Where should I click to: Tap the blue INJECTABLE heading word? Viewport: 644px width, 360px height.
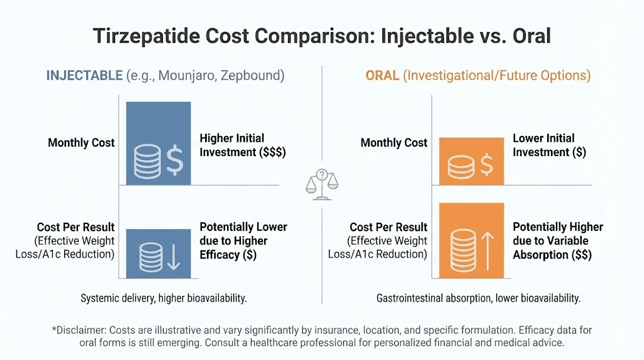(84, 76)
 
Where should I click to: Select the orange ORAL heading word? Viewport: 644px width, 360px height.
(382, 76)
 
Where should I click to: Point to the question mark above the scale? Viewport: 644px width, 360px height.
(321, 174)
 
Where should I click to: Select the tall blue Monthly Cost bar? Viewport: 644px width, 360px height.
(158, 143)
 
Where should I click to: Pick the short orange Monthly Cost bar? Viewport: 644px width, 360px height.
(471, 161)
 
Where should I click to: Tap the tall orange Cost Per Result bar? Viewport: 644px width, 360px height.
(471, 240)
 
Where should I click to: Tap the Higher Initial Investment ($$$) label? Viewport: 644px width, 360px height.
(242, 145)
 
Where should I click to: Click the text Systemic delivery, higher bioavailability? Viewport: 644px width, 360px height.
(164, 298)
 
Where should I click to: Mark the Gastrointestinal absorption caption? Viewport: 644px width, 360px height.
(478, 298)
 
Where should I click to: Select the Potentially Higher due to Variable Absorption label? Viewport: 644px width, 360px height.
(557, 240)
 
